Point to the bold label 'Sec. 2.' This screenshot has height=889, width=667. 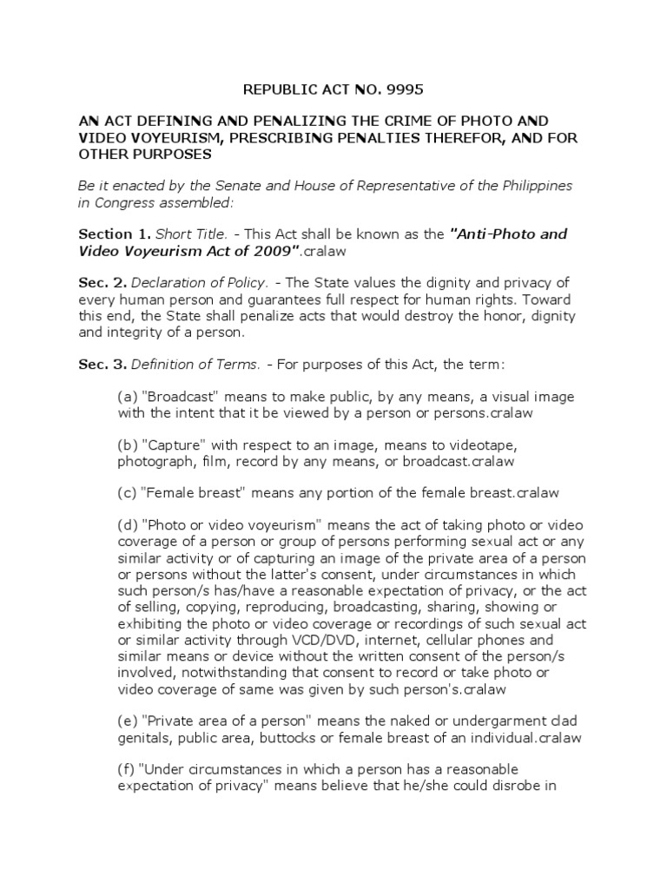(x=102, y=281)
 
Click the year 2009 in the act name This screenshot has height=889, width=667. (x=280, y=250)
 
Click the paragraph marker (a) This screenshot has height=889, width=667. (x=127, y=397)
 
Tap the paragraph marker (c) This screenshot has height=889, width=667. (x=127, y=492)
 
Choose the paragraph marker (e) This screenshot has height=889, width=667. (x=127, y=721)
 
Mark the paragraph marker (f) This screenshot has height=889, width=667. (x=126, y=769)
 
